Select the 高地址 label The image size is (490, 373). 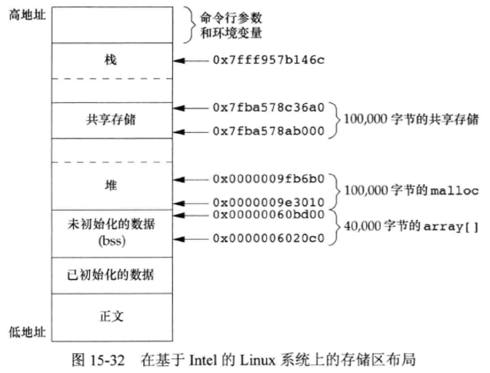25,15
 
